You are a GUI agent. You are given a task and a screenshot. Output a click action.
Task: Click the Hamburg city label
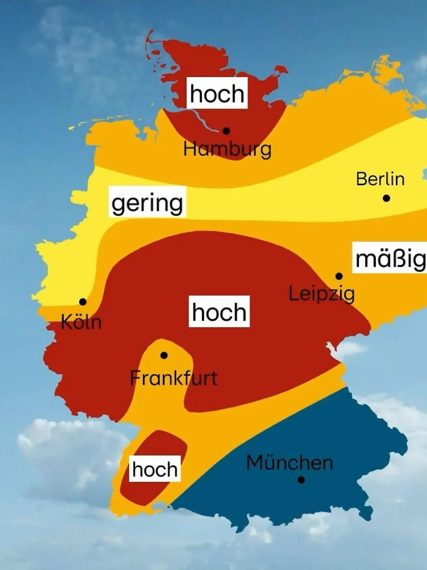point(227,149)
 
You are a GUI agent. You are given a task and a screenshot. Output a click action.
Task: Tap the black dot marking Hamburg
point(226,131)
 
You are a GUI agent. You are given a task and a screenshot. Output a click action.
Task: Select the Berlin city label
point(380,179)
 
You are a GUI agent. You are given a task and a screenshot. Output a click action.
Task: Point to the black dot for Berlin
point(386,198)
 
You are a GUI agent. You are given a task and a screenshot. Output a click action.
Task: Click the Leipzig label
point(321,294)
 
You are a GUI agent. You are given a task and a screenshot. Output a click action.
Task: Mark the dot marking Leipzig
point(339,276)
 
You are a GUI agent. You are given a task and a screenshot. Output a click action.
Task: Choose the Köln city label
point(81,322)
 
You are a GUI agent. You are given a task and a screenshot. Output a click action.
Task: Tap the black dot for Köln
point(83,302)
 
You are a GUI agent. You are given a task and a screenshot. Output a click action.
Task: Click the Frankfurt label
point(174,378)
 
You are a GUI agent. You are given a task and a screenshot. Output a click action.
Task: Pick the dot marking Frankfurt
point(164,355)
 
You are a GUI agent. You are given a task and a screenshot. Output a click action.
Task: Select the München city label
point(290,463)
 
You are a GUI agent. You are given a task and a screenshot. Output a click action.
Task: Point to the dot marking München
point(301,480)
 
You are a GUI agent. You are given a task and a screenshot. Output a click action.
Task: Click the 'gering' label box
point(147,202)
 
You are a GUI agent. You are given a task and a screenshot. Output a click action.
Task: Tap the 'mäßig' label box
point(390,258)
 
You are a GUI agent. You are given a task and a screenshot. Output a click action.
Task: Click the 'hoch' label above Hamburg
point(217,93)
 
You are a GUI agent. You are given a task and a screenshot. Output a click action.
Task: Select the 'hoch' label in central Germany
point(219,311)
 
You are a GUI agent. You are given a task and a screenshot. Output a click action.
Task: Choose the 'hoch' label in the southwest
point(155,469)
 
